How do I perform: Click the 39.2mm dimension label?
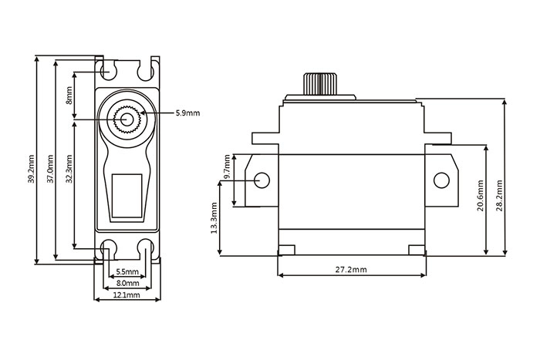tap(32, 169)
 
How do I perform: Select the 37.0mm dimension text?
tap(50, 169)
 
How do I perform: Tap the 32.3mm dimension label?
tap(69, 169)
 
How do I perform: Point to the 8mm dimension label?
tap(69, 96)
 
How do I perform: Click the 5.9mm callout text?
tap(187, 113)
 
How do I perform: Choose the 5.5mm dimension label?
tap(127, 272)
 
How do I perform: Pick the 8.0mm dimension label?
tap(127, 283)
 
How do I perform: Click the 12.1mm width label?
tap(127, 295)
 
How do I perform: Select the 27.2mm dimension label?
tap(351, 270)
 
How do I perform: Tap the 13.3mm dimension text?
tap(214, 218)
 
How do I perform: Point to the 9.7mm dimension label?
tap(227, 167)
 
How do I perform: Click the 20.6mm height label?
tap(481, 196)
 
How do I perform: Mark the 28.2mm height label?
tap(499, 196)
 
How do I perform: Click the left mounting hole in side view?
tap(262, 180)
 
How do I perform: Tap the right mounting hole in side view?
tap(441, 180)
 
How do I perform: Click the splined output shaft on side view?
tap(320, 83)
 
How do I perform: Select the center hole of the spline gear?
tap(127, 119)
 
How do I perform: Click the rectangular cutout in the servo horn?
tap(127, 196)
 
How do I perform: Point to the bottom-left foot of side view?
tap(286, 251)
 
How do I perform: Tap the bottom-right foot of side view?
tap(417, 251)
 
